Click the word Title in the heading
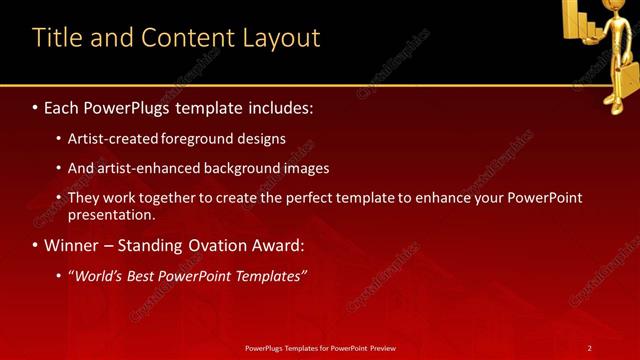click(56, 38)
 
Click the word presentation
click(111, 214)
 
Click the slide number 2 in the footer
click(589, 347)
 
